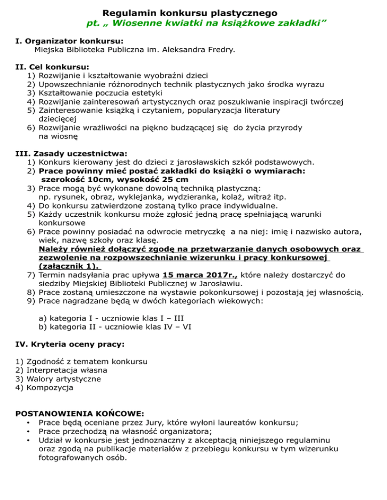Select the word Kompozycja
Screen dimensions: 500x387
(50, 387)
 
